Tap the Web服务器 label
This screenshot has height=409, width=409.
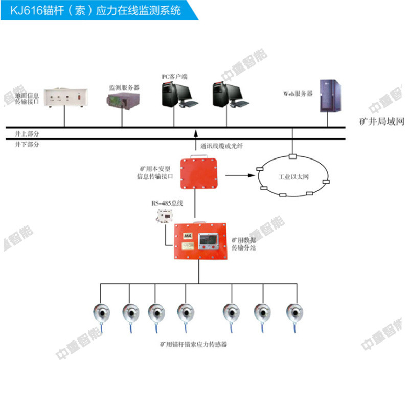(x=298, y=94)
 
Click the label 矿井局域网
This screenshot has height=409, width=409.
(x=382, y=123)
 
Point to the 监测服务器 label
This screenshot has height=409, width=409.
(x=124, y=88)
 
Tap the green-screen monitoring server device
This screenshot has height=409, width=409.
(x=123, y=103)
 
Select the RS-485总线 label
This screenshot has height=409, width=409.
(x=167, y=203)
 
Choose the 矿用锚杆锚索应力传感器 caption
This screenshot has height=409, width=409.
(x=193, y=345)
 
